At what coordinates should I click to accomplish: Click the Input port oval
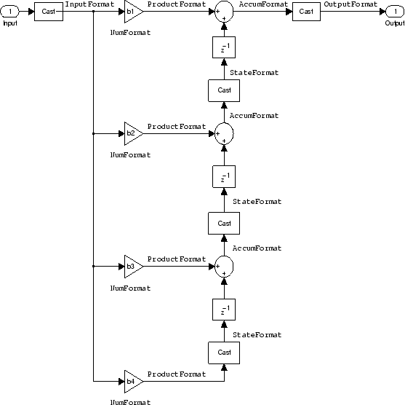coord(9,12)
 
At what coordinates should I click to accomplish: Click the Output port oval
coord(395,12)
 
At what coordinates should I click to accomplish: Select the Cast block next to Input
coord(49,12)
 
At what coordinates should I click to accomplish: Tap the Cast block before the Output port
coord(306,12)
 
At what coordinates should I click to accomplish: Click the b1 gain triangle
coord(133,12)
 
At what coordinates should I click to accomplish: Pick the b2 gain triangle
coord(133,133)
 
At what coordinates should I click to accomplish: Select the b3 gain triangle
coord(133,267)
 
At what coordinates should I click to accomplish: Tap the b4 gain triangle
coord(133,381)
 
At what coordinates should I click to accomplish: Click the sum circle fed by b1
coord(224,12)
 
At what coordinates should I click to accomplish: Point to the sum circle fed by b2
coord(224,133)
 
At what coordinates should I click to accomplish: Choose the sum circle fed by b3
coord(224,267)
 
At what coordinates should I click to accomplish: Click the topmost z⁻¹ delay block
coord(224,47)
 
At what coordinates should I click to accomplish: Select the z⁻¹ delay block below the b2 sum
coord(224,177)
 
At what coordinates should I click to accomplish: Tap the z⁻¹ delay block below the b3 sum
coord(224,310)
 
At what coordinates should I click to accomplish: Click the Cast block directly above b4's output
coord(224,353)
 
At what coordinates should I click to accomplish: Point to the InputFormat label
coord(89,4)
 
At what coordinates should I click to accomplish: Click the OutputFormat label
coord(350,4)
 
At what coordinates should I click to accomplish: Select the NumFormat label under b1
coord(130,33)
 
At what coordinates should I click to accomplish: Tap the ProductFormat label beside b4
coord(177,374)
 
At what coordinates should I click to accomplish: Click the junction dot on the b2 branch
coord(93,133)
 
